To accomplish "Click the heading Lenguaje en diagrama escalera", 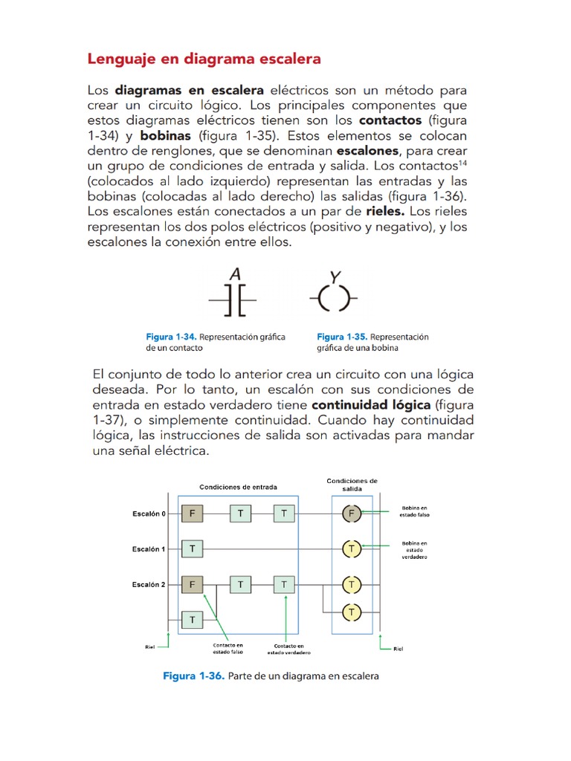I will [204, 58].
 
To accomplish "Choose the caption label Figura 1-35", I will [341, 337].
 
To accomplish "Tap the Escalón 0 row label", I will [149, 513].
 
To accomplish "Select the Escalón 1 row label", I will [149, 549].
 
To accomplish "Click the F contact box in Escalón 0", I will [193, 513].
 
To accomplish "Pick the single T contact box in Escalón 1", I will [193, 549].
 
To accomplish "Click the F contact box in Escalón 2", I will [193, 585].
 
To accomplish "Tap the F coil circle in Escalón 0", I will [351, 513].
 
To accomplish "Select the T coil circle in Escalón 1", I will [351, 549].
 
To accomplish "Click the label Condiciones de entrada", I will [238, 488].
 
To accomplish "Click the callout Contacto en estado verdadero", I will [288, 650].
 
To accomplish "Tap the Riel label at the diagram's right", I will [398, 648].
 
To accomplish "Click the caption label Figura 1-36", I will [193, 676].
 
